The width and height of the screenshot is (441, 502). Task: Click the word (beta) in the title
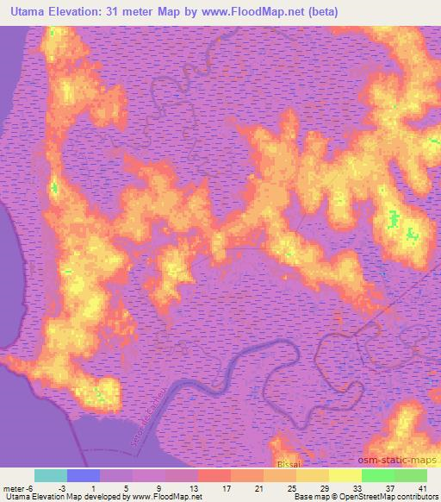318,12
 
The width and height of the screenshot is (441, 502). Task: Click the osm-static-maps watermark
399,461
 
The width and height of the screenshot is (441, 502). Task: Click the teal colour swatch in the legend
50,475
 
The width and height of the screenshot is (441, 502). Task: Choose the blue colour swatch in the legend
83,475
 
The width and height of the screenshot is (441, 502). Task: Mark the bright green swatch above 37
377,475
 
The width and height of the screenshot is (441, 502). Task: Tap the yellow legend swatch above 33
345,475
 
